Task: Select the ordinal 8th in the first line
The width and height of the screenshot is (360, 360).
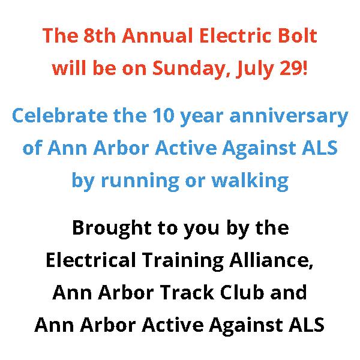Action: tap(100, 35)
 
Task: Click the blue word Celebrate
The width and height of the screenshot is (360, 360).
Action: tap(59, 115)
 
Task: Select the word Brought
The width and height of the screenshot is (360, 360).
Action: tap(112, 229)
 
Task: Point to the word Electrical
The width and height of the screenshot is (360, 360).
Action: tap(91, 260)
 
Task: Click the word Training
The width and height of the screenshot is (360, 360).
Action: tap(183, 261)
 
